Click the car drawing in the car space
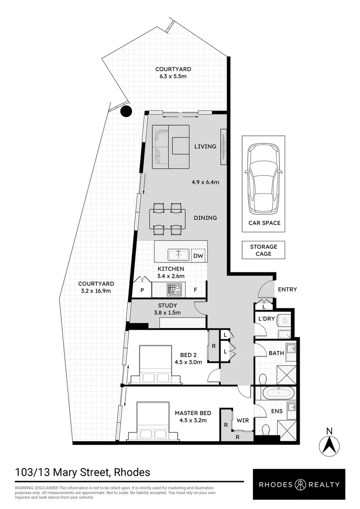point(263,179)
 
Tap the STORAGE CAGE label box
point(263,250)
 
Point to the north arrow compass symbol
point(329,445)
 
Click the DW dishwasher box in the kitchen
point(198,255)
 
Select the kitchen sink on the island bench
point(178,255)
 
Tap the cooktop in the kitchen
point(175,289)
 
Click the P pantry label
point(142,290)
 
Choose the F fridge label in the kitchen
point(196,290)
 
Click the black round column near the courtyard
point(126,111)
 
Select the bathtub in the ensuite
point(278,394)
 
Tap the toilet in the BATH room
point(262,379)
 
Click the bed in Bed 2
point(155,364)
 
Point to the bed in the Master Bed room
point(154,421)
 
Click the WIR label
point(243,420)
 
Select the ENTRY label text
point(287,289)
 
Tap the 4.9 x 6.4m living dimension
point(205,182)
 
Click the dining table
point(167,219)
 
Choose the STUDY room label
point(167,305)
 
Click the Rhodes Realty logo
point(299,484)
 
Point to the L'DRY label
point(267,319)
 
